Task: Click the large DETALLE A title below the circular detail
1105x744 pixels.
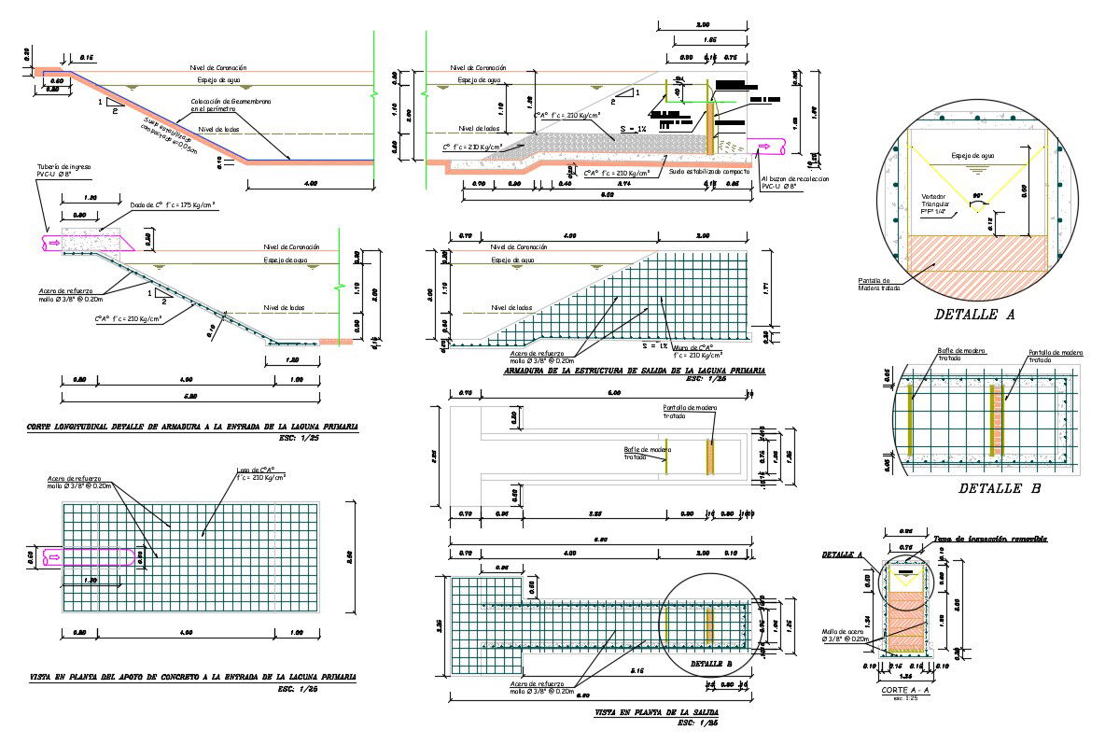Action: click(973, 316)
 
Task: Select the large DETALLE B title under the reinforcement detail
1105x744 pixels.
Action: click(1000, 488)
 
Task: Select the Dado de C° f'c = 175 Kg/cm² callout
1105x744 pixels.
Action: click(174, 204)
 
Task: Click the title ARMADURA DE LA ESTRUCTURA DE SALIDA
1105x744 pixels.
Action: click(634, 371)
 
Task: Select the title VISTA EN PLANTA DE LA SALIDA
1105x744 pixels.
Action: click(657, 713)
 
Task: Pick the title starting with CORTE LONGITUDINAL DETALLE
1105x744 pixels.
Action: click(191, 427)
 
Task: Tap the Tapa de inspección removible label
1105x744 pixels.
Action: click(990, 539)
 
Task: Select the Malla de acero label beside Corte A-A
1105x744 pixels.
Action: click(845, 635)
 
